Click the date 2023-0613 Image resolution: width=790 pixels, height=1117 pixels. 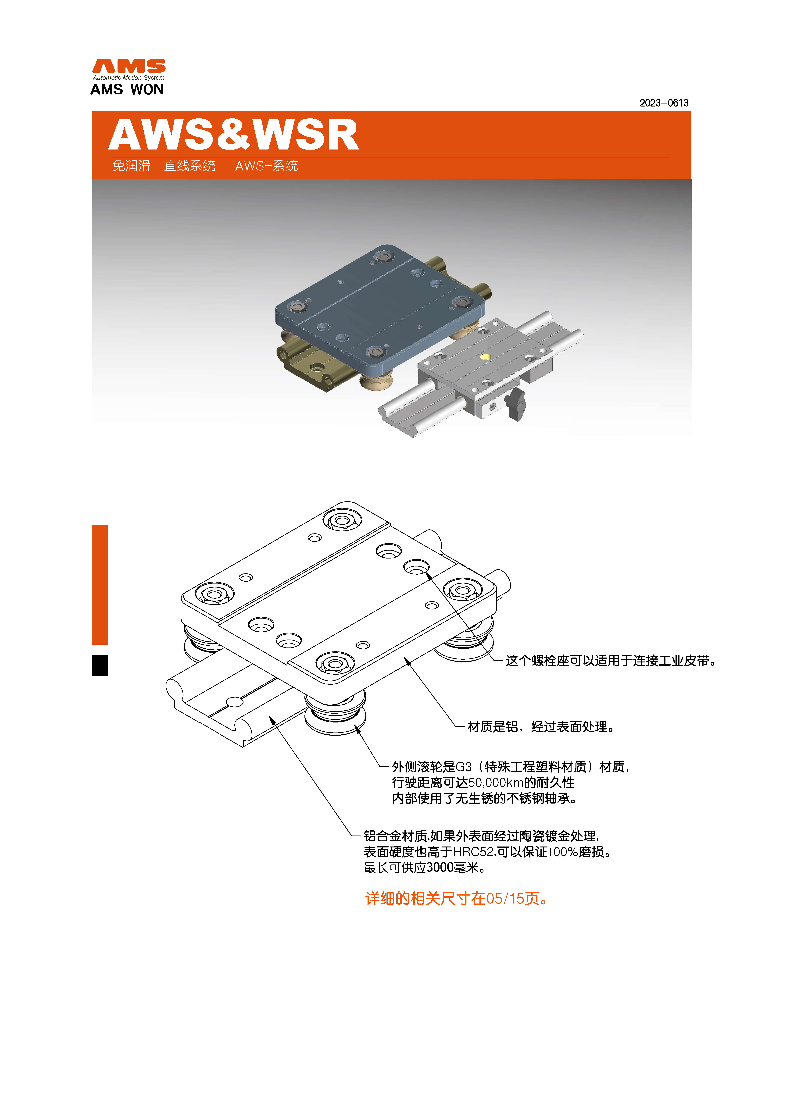click(663, 103)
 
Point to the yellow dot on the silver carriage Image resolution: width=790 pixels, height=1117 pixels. click(485, 357)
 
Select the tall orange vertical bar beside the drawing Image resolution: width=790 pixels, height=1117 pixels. click(100, 584)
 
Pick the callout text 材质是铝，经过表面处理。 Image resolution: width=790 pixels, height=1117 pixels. click(540, 727)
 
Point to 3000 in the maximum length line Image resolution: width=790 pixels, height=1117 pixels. click(440, 867)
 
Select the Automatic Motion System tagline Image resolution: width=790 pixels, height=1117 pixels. click(129, 78)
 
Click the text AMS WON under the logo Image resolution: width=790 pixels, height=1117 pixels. click(127, 89)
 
